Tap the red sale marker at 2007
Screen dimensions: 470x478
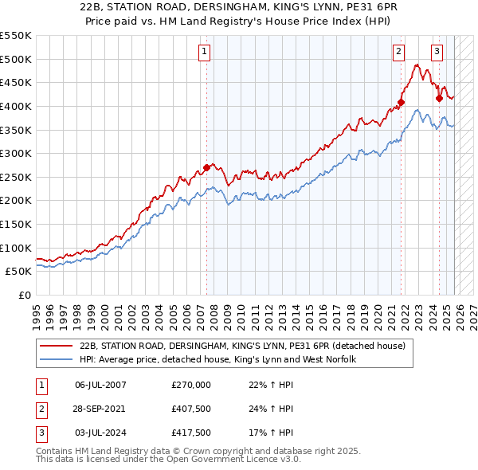point(206,167)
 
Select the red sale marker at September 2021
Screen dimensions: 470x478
point(402,102)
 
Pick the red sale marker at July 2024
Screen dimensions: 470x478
point(439,98)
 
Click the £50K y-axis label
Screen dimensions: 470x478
point(18,271)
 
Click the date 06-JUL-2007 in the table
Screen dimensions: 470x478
point(100,385)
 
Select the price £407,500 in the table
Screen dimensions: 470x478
point(191,409)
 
